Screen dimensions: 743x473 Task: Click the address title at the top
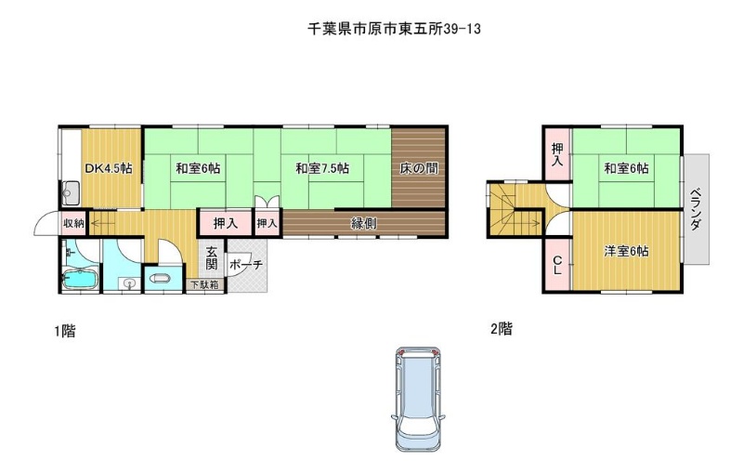click(394, 29)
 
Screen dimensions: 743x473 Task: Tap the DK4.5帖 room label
click(109, 168)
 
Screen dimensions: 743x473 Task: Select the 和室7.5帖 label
click(322, 168)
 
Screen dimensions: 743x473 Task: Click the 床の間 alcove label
click(419, 168)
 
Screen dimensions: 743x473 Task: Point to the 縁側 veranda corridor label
click(363, 223)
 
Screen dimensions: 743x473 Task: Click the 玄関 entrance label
click(212, 258)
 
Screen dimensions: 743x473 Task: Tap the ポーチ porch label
click(246, 265)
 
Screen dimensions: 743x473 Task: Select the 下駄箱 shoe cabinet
click(205, 285)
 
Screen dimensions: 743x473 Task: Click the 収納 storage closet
click(73, 223)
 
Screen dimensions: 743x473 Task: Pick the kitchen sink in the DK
click(71, 193)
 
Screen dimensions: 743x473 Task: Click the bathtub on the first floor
click(80, 279)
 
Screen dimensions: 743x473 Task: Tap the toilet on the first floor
click(161, 279)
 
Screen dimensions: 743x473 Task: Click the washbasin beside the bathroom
click(128, 283)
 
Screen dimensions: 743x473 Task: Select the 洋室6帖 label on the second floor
click(626, 251)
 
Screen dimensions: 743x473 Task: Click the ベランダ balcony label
click(696, 209)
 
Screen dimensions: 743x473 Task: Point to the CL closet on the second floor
click(558, 265)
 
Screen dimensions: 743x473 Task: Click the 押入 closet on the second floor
click(558, 154)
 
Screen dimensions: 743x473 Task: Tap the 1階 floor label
click(65, 330)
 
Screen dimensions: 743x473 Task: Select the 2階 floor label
click(502, 328)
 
